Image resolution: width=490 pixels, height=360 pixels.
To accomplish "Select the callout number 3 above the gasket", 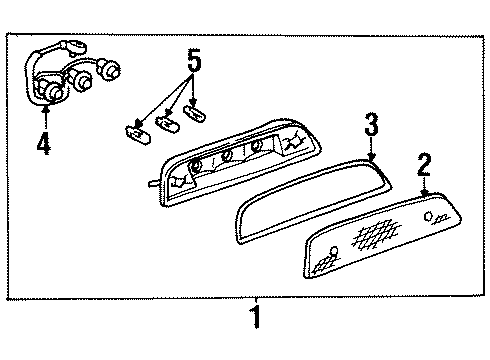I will tap(370, 126).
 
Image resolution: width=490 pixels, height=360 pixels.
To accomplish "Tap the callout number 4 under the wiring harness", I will tap(43, 145).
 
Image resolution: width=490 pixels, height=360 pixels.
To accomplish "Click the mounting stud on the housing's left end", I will tap(148, 182).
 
